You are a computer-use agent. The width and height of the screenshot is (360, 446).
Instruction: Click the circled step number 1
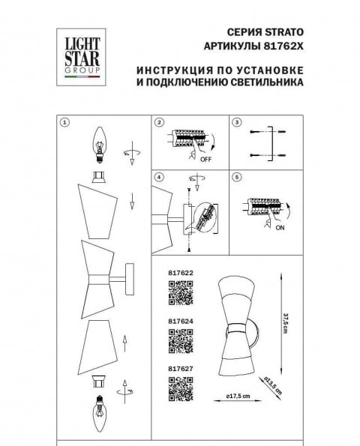(x=66, y=122)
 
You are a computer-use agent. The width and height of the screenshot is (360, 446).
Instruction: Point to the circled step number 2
(x=159, y=122)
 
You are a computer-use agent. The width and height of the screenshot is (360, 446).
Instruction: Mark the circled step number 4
(x=159, y=178)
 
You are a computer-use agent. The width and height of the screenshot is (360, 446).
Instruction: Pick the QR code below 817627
(x=179, y=387)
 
